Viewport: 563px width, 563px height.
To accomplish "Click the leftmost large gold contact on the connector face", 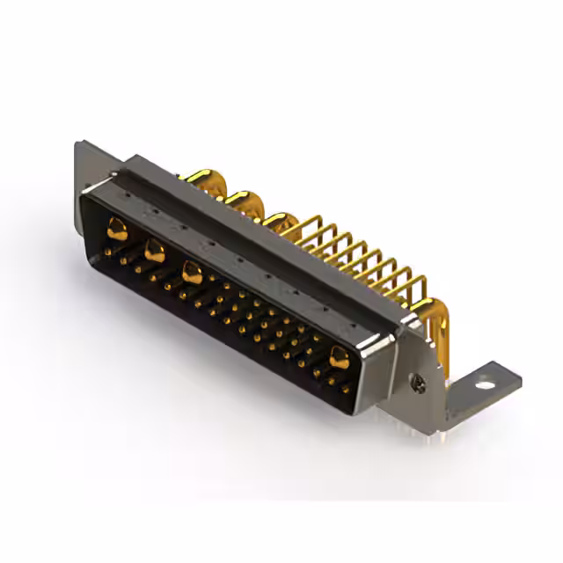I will [x=116, y=231].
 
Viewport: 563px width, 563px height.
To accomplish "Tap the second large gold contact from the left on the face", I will [x=154, y=251].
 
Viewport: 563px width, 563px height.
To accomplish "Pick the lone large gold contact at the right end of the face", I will [x=339, y=355].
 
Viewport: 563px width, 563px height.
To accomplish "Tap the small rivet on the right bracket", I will [x=419, y=381].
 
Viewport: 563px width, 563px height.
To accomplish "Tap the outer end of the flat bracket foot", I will [x=517, y=378].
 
